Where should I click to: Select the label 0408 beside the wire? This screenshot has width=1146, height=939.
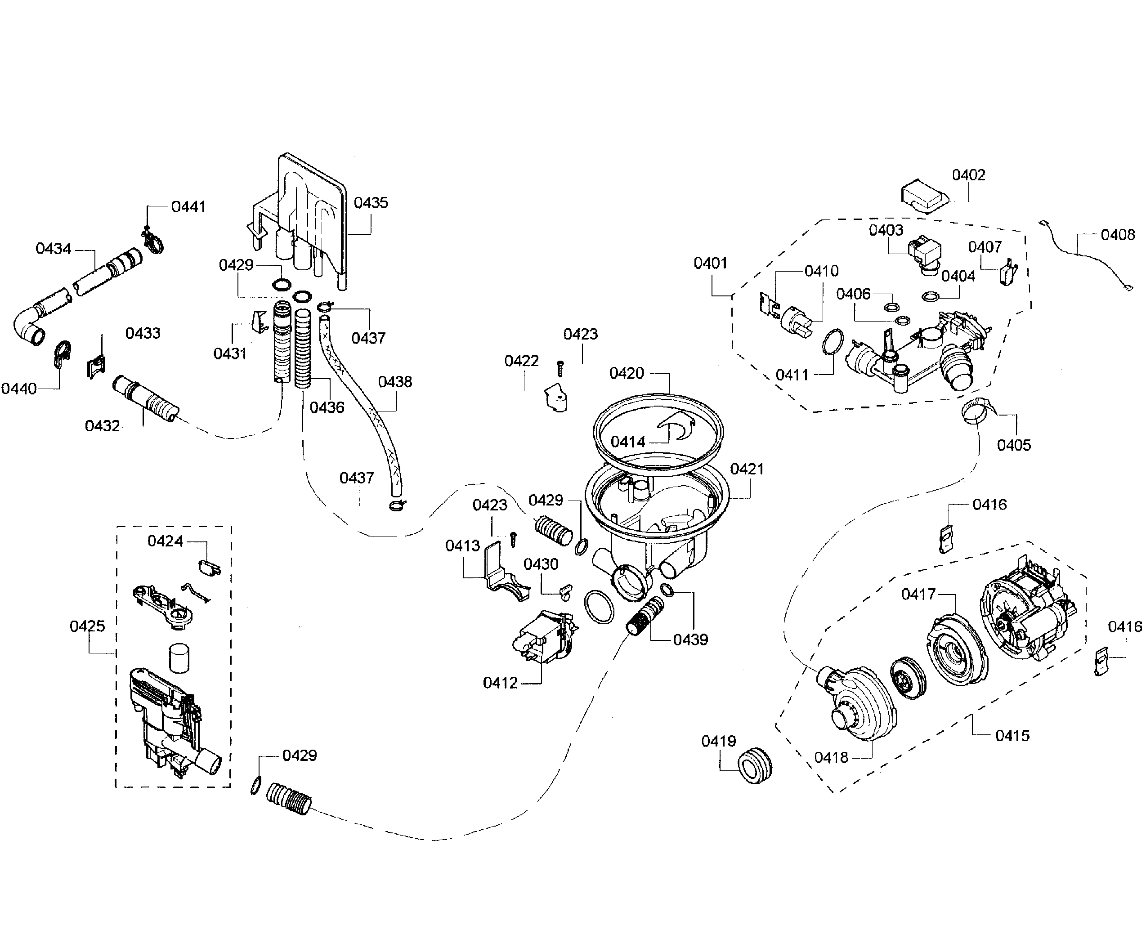click(1117, 235)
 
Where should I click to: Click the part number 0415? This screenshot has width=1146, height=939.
click(1012, 735)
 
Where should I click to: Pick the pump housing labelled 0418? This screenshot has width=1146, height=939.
click(860, 703)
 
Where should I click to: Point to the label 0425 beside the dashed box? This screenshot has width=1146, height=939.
click(87, 626)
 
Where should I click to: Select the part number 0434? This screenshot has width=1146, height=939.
click(53, 248)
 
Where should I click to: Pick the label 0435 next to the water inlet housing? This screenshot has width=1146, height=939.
click(371, 202)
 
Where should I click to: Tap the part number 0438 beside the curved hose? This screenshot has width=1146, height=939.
click(395, 382)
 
